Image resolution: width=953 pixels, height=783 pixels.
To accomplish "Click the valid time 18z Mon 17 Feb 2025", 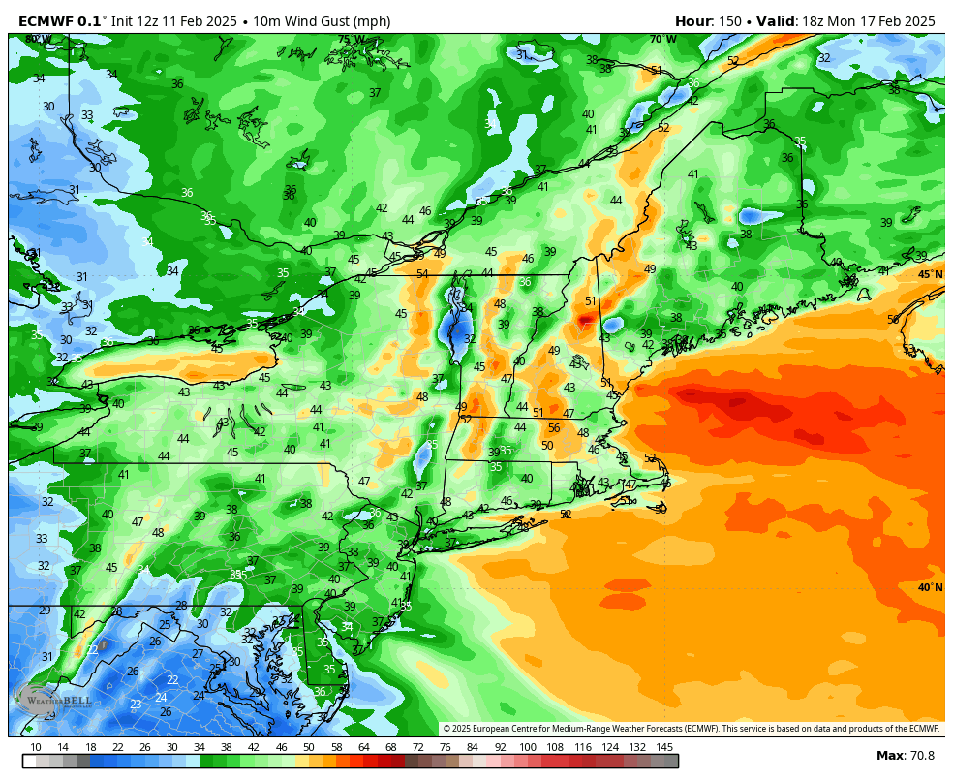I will click(x=869, y=21).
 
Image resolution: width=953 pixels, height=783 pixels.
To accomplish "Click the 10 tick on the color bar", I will click(x=36, y=747).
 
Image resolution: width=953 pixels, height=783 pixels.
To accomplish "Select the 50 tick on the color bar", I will click(x=308, y=747).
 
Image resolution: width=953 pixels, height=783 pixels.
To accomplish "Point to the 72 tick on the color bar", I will click(x=417, y=747).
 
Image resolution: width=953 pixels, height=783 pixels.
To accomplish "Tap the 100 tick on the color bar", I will click(x=528, y=747).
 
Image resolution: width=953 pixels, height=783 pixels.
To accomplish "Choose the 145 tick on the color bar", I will click(x=664, y=747).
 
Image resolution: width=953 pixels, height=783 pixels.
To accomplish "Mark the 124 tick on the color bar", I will click(x=610, y=747).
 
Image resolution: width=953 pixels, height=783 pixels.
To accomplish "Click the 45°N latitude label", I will click(x=930, y=274).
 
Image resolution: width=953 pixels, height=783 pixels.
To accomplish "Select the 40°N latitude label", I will click(x=930, y=587).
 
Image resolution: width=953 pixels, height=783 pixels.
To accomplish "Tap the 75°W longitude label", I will click(x=351, y=40).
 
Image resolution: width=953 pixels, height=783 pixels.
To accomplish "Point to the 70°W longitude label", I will click(x=662, y=40).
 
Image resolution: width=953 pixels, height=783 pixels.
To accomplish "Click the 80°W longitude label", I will click(x=38, y=40).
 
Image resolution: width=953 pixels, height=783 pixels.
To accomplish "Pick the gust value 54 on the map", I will click(x=422, y=274).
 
